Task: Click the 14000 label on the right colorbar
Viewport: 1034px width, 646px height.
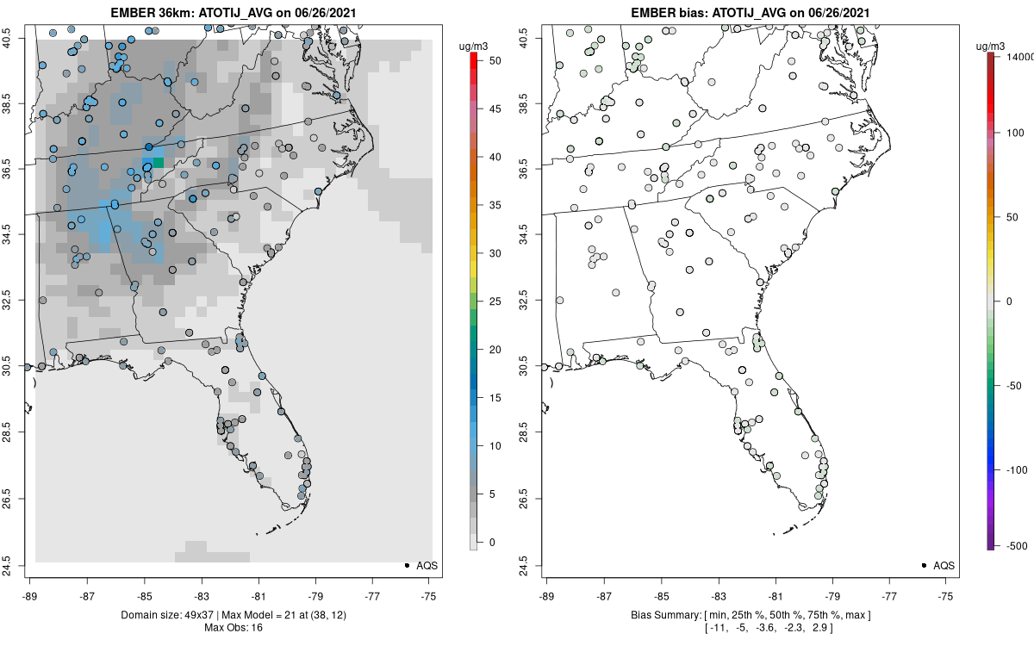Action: coord(1020,56)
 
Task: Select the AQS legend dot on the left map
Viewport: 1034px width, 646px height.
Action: coord(406,565)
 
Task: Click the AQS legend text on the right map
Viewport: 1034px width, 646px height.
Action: coord(943,565)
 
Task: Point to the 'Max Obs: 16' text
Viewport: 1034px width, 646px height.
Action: coord(233,627)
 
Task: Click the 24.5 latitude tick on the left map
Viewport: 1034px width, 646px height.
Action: coord(16,565)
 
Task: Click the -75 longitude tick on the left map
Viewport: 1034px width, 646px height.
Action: coord(429,594)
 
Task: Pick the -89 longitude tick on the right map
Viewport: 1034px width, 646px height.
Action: coord(547,594)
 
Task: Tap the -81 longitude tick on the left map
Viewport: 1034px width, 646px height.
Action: coord(258,594)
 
